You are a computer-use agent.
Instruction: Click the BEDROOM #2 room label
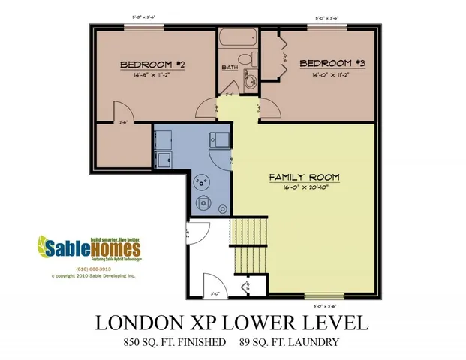click(152, 65)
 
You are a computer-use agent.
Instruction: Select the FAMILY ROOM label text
click(304, 178)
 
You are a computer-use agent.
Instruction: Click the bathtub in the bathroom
click(239, 37)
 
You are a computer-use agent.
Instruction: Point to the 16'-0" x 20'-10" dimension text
click(304, 188)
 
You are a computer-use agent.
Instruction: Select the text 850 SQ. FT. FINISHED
click(175, 343)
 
